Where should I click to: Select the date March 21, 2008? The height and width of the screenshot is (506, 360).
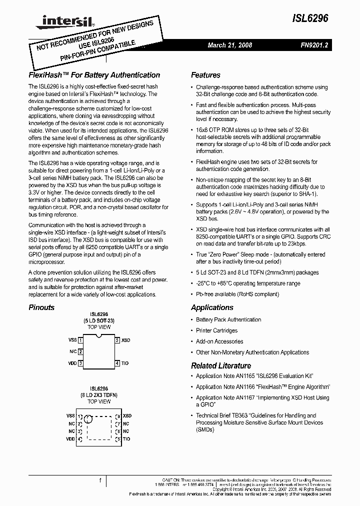[229, 45]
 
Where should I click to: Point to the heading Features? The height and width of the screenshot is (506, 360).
[205, 75]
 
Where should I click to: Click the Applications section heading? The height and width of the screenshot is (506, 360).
[212, 307]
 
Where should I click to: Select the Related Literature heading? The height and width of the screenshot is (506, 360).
[221, 365]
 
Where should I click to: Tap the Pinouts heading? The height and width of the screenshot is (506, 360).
[41, 307]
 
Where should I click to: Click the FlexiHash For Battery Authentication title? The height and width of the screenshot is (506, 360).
[94, 75]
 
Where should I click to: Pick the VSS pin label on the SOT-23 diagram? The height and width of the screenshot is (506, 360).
[72, 340]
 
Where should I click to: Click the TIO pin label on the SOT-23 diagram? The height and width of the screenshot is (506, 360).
[125, 363]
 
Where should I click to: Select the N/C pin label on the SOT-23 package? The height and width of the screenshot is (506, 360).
[73, 351]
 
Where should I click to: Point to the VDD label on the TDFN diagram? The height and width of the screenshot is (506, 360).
[70, 439]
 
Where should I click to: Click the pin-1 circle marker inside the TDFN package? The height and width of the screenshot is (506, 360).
[88, 419]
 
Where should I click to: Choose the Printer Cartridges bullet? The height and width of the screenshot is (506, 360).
[216, 330]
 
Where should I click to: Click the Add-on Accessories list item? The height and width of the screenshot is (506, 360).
[219, 341]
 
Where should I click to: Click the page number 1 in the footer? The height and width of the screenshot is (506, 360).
[100, 481]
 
